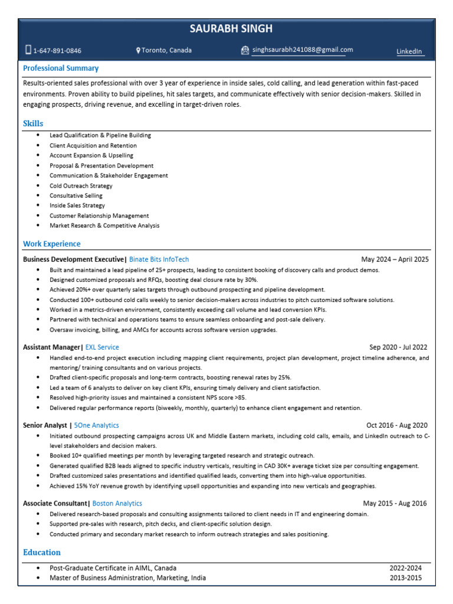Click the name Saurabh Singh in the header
tap(231, 29)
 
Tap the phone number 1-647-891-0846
tap(57, 51)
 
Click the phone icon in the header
tap(28, 50)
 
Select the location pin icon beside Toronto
tap(138, 51)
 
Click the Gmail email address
tap(303, 50)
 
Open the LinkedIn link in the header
tap(409, 52)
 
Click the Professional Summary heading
tap(61, 68)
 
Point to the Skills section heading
tap(33, 123)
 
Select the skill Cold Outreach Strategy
tap(81, 186)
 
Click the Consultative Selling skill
tap(76, 196)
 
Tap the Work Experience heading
tap(52, 244)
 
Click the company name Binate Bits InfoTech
tap(159, 260)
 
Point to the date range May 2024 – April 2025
tap(395, 260)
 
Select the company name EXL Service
tap(102, 347)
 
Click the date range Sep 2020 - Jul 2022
tap(398, 347)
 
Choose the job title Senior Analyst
tap(45, 425)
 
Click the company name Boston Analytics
tap(117, 504)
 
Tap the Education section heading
tap(42, 553)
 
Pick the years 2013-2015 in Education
tap(405, 578)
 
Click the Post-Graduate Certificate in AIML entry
tap(113, 568)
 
